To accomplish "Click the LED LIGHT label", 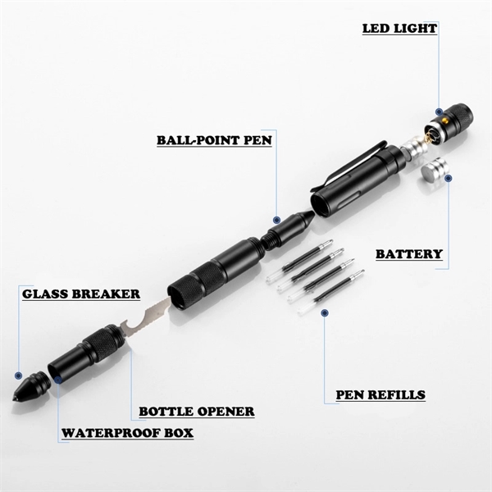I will (399, 29).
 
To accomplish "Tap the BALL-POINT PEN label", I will (214, 139).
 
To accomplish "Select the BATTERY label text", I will (409, 254).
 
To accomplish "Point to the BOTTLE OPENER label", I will (196, 411).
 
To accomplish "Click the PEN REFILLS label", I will (380, 394).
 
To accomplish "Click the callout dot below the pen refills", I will (325, 312).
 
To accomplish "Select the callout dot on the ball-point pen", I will (278, 220).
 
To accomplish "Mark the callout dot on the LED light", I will (440, 112).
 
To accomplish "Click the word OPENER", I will (225, 411).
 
